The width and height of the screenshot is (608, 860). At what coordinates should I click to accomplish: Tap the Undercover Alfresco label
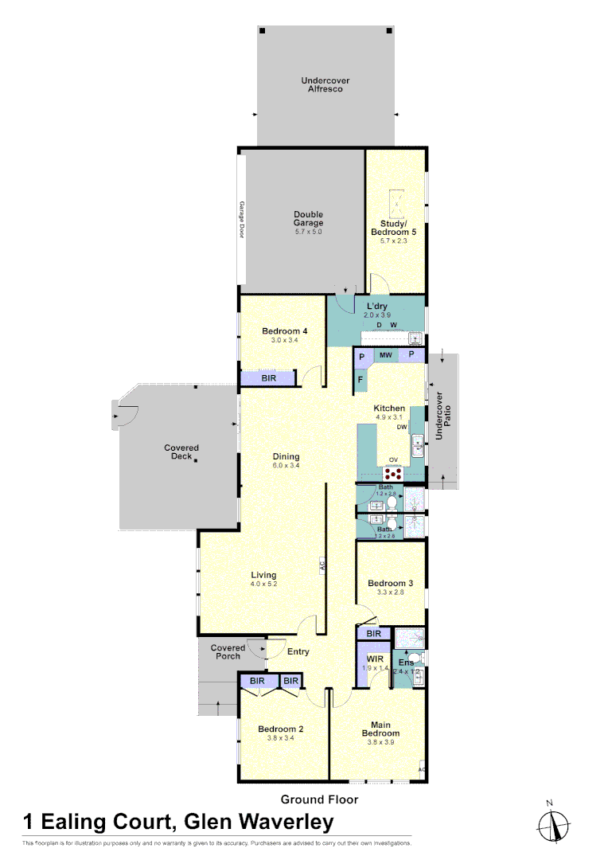click(325, 85)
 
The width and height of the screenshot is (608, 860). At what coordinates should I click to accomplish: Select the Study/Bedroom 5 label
click(394, 228)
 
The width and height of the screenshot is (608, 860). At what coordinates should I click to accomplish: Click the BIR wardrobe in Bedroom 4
click(270, 379)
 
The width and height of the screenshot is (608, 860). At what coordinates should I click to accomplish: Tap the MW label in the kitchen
click(386, 354)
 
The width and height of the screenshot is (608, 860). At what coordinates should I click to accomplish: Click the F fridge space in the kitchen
click(361, 380)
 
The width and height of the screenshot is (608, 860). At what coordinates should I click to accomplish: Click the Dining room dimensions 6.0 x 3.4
click(286, 465)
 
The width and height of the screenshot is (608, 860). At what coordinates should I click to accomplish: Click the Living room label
click(263, 575)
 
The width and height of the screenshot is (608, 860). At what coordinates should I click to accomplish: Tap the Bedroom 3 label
click(390, 583)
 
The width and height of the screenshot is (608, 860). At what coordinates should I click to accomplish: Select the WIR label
click(375, 659)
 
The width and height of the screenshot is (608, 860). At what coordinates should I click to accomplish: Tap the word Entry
click(298, 651)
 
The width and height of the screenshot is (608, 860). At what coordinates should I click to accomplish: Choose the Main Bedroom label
click(380, 729)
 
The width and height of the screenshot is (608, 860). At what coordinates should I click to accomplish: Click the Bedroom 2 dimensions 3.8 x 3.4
click(280, 738)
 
